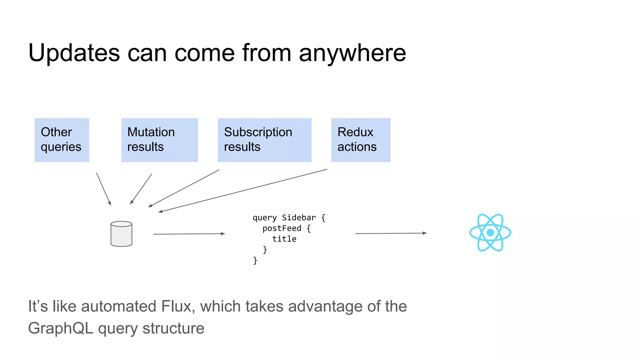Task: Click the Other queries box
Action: tap(62, 140)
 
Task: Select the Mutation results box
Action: tap(159, 140)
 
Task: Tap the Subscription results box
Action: tap(264, 140)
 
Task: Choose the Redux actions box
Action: tap(361, 140)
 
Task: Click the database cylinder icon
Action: tap(121, 234)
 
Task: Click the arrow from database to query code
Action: tap(189, 234)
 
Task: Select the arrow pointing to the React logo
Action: tap(391, 233)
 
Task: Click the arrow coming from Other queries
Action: tap(103, 189)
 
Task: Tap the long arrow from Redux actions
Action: tap(242, 191)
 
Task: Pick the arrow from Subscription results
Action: tap(184, 188)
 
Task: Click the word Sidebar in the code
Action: tap(299, 217)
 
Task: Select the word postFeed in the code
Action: tap(282, 228)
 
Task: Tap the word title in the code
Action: tap(284, 239)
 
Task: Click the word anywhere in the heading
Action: tap(352, 53)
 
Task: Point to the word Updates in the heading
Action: tap(74, 53)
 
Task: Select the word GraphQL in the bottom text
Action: tap(61, 328)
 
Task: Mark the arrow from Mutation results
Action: tap(141, 189)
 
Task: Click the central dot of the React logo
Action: tap(490, 232)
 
